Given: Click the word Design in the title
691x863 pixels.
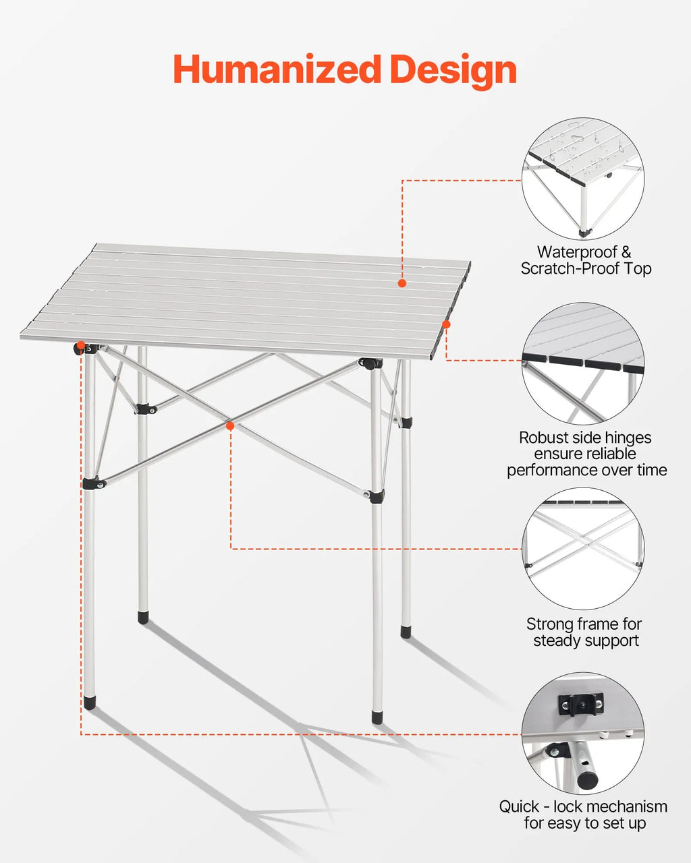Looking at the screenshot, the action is pyautogui.click(x=453, y=71).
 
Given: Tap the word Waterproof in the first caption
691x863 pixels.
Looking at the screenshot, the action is pyautogui.click(x=578, y=252).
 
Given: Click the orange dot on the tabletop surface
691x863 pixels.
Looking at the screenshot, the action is pyautogui.click(x=402, y=283).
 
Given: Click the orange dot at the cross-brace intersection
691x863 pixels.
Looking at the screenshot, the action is pyautogui.click(x=230, y=426).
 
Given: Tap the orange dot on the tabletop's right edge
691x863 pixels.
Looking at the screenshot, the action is pyautogui.click(x=447, y=324).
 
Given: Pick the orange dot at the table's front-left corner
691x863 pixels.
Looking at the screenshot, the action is pyautogui.click(x=81, y=345).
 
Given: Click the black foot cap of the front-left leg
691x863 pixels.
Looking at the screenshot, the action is pyautogui.click(x=90, y=701).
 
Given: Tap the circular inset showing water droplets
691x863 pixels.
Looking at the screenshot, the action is pyautogui.click(x=583, y=179).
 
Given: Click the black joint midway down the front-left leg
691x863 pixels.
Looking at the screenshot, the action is pyautogui.click(x=94, y=483).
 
